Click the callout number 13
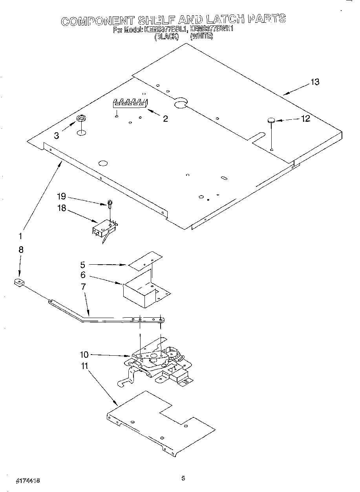[315, 82]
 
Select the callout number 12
[305, 119]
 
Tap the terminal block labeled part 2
[130, 103]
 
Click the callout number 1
[20, 236]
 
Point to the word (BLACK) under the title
[166, 36]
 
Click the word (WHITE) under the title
[201, 36]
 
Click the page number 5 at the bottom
[183, 478]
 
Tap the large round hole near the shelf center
[180, 102]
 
